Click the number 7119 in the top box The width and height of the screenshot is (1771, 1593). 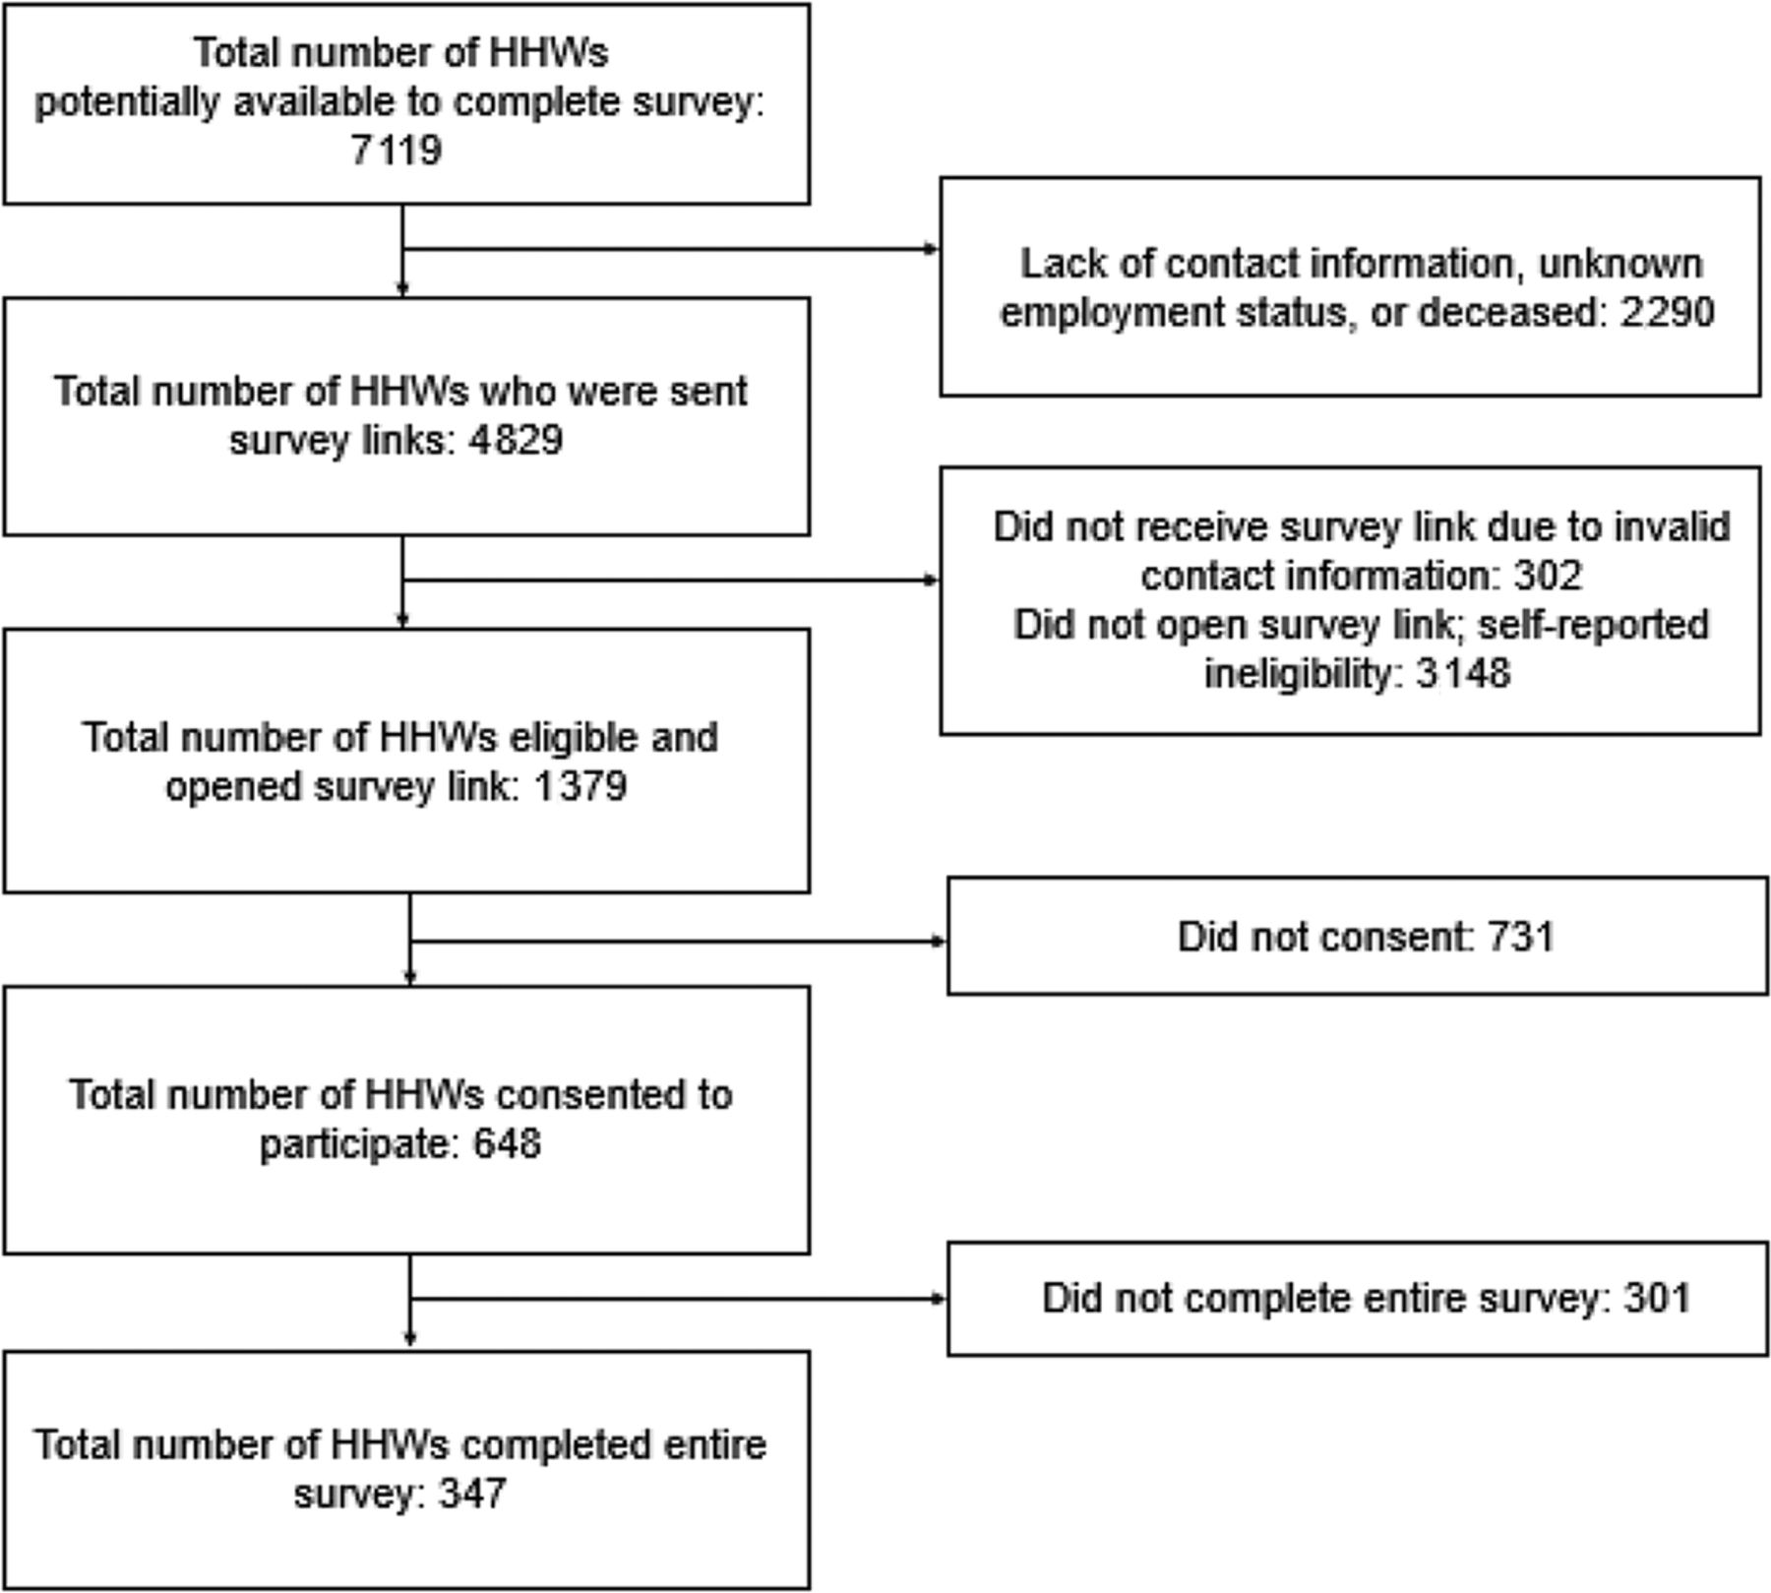(x=397, y=152)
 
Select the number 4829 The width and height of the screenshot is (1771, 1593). (x=516, y=440)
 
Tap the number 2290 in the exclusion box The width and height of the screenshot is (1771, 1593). (x=1667, y=312)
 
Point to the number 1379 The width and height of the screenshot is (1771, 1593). (x=580, y=787)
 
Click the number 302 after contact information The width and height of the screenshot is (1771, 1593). (x=1547, y=576)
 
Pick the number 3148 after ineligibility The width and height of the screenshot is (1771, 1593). (x=1462, y=674)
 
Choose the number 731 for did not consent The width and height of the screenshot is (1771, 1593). (x=1521, y=937)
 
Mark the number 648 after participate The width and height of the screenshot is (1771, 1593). (x=507, y=1144)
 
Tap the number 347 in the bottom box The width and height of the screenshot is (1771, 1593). (x=472, y=1495)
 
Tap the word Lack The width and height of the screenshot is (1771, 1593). (x=1056, y=264)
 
